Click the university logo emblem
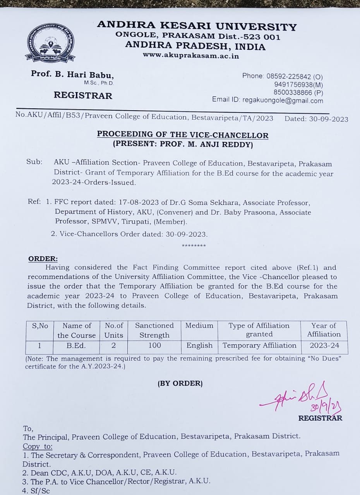click(50, 43)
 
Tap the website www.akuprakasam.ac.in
click(191, 56)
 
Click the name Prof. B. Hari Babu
click(72, 75)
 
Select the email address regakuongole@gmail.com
click(283, 101)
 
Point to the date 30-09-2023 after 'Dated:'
click(329, 119)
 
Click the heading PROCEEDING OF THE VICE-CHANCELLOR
click(182, 135)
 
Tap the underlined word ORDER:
click(43, 259)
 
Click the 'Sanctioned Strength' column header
click(154, 330)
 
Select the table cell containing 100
click(154, 345)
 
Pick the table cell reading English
click(199, 345)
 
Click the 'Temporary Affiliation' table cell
click(259, 345)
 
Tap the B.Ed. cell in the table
click(76, 345)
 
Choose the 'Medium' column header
click(199, 326)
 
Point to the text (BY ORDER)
click(180, 384)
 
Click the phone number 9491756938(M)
click(298, 85)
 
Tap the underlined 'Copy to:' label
click(38, 446)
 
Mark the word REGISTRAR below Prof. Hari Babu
click(83, 96)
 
